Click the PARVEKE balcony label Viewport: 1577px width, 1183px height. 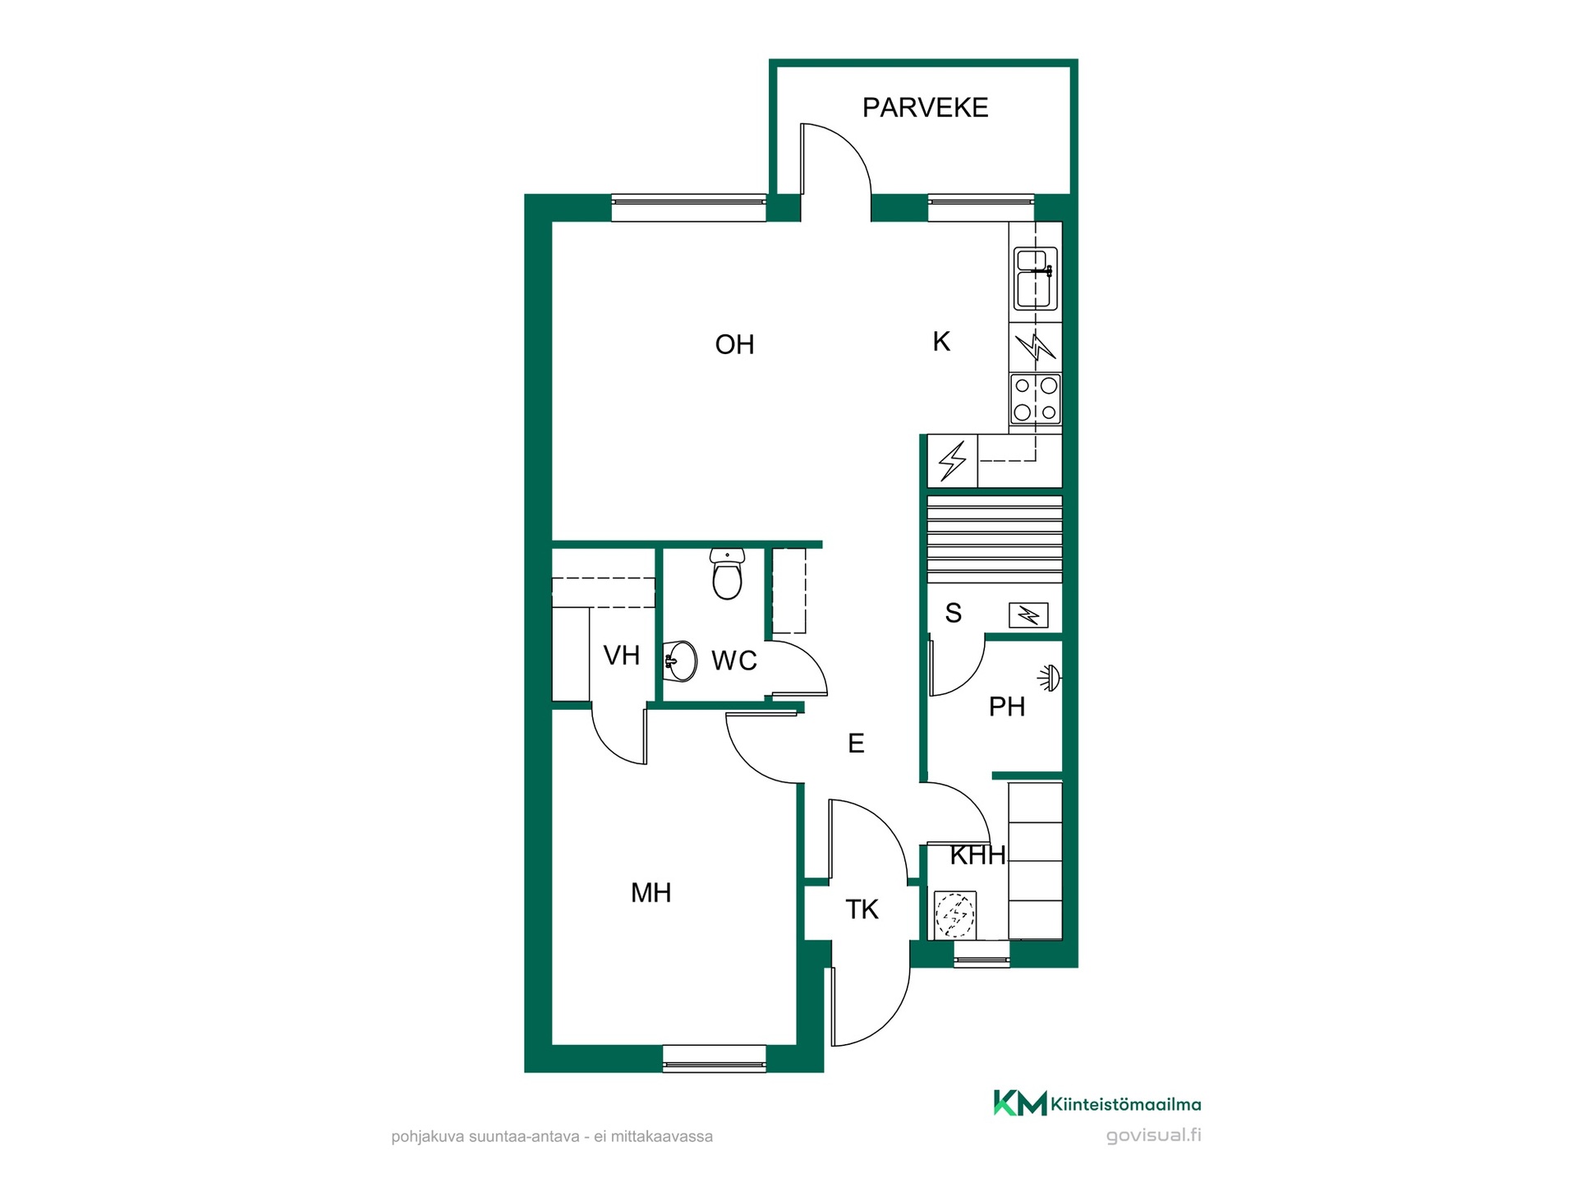tap(925, 108)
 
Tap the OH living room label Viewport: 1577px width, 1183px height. tap(734, 344)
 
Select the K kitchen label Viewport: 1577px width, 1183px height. tap(941, 341)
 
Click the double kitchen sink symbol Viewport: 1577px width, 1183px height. tap(1036, 278)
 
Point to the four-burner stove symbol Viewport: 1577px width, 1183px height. tap(1036, 399)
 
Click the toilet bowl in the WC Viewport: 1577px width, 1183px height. tap(728, 573)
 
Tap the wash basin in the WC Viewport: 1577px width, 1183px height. tap(680, 661)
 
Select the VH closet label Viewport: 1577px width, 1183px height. tap(621, 656)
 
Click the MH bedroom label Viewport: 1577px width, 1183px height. tap(651, 892)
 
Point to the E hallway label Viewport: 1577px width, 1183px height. tap(856, 743)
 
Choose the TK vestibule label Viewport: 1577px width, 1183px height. tap(862, 909)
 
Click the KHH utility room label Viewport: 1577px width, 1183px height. tap(977, 855)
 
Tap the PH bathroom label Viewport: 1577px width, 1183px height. tap(1006, 707)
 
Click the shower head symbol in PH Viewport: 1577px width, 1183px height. tap(1050, 678)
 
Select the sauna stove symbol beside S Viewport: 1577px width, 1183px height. tap(1028, 615)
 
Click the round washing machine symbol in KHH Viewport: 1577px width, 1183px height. tap(955, 914)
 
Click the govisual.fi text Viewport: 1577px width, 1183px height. tap(1153, 1136)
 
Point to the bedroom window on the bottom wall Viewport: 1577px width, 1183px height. tap(714, 1059)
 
